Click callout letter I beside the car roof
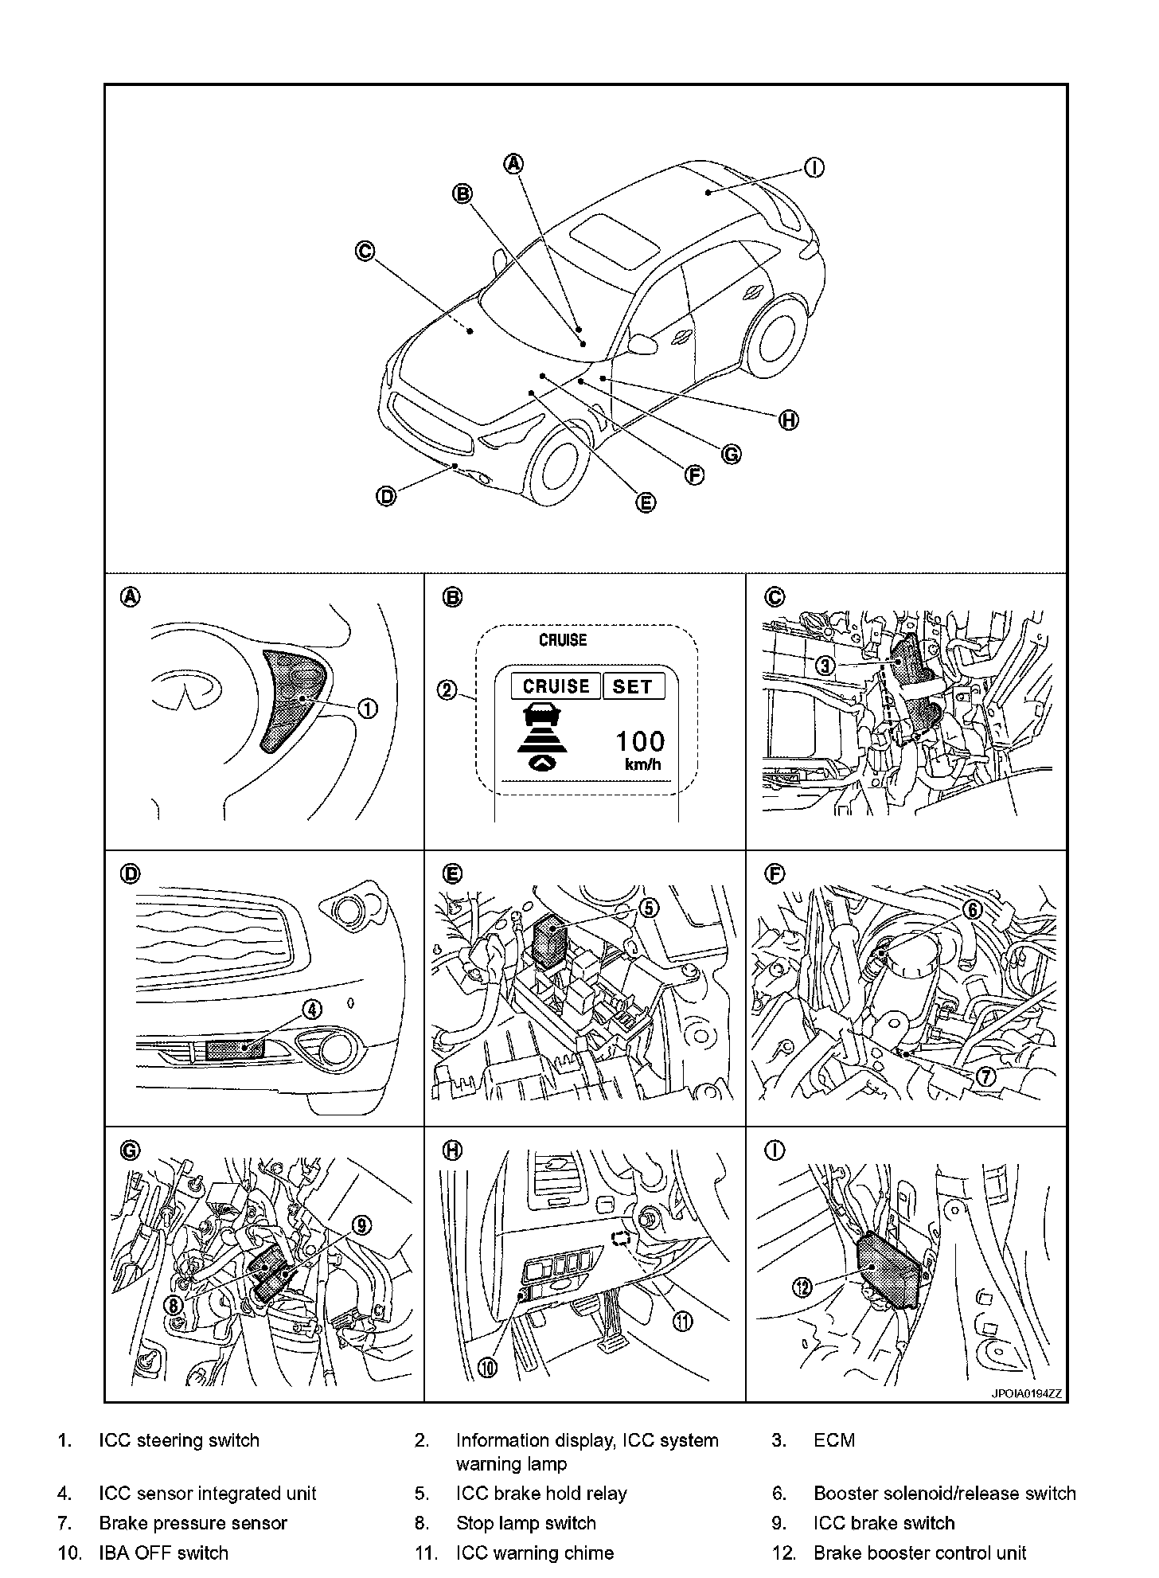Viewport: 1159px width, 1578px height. coord(814,168)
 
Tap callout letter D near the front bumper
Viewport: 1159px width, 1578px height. coord(386,497)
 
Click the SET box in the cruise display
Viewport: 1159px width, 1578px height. coord(633,686)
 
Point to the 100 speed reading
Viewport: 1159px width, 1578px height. coord(640,742)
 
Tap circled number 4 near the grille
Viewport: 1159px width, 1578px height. coord(312,1010)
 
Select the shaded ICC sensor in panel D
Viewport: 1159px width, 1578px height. coord(234,1049)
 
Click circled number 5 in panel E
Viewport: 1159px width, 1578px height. coord(649,908)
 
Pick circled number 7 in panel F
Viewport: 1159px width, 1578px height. coord(985,1076)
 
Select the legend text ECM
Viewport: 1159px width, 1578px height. coord(834,1440)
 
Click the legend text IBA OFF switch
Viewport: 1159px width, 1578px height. coord(163,1553)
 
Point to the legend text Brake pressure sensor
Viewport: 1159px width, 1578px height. coord(193,1523)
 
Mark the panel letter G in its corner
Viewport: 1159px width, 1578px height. coord(129,1150)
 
